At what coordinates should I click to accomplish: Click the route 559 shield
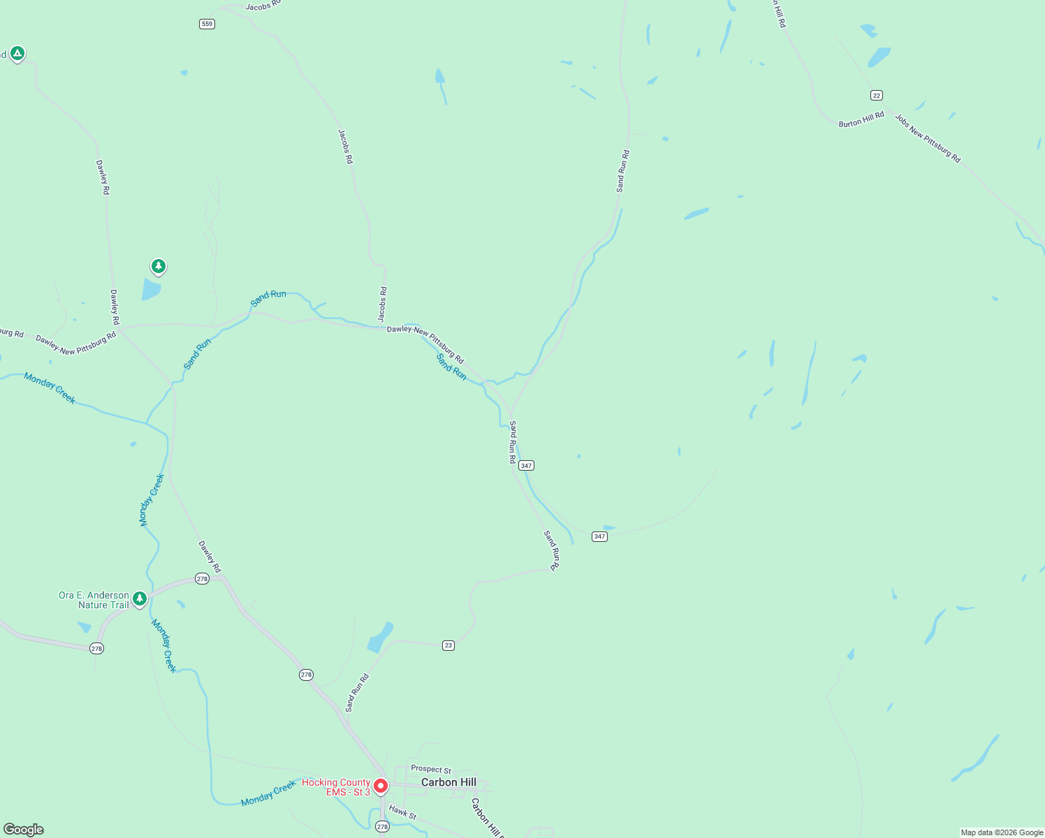[x=207, y=24]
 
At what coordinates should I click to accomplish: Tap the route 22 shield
[x=877, y=95]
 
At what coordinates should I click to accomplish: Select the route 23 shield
[x=448, y=645]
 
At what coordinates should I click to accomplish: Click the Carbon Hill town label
[x=448, y=782]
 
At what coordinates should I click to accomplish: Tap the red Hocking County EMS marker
[x=381, y=786]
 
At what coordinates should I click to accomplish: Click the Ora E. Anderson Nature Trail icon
[x=140, y=598]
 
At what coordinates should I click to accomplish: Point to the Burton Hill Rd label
[x=861, y=119]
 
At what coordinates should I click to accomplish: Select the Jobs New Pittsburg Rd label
[x=928, y=138]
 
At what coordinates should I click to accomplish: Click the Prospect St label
[x=431, y=770]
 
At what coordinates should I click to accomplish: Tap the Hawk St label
[x=402, y=813]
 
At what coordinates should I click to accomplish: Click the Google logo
[x=24, y=830]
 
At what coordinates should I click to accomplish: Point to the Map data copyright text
[x=1002, y=832]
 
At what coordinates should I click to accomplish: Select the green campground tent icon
[x=17, y=53]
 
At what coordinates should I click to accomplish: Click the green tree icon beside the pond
[x=159, y=266]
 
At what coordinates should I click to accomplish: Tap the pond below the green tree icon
[x=151, y=289]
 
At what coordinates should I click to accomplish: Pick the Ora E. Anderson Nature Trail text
[x=94, y=600]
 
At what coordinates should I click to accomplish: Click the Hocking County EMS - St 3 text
[x=336, y=787]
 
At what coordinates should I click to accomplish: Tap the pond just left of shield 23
[x=381, y=637]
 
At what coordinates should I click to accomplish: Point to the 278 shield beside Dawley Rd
[x=202, y=578]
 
